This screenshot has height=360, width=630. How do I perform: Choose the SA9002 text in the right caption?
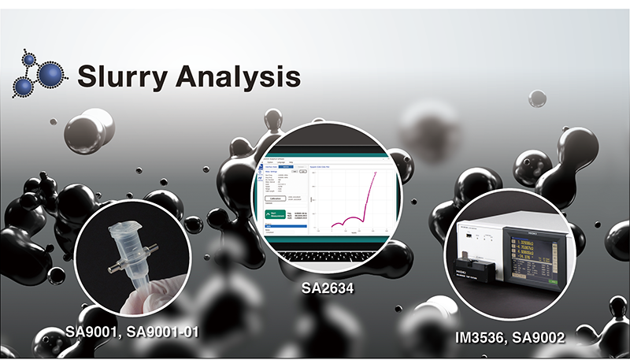point(543,337)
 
